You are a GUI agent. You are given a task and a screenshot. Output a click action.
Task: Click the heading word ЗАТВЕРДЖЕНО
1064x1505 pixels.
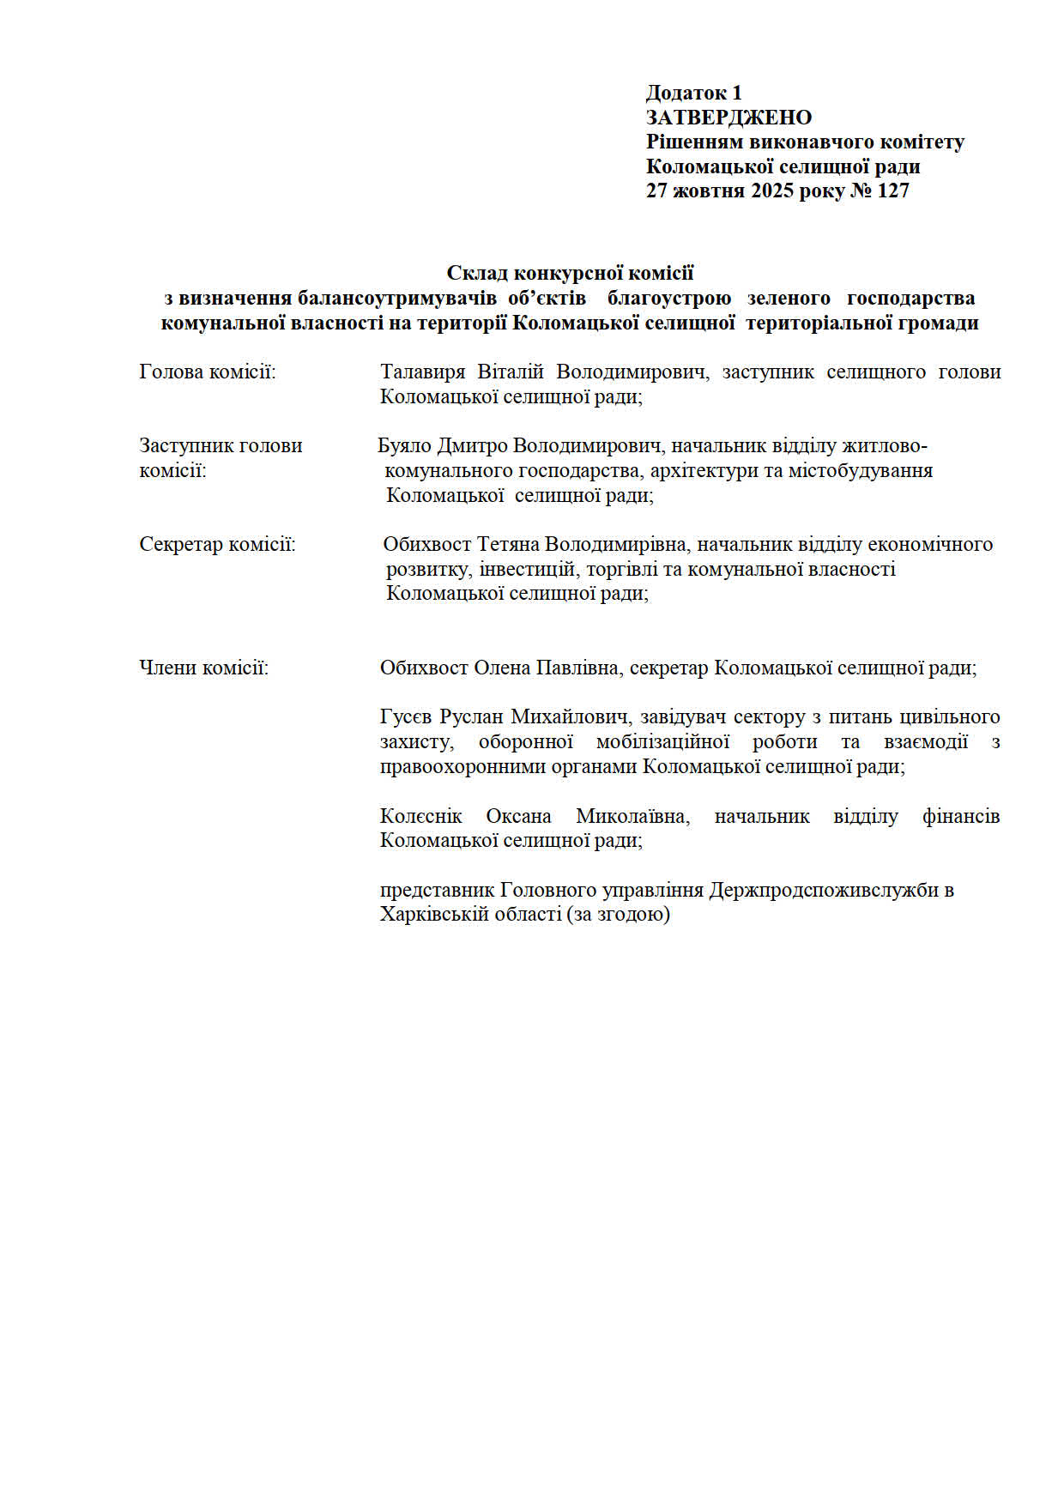(728, 117)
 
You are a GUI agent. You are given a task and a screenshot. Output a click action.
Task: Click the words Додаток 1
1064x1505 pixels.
(693, 93)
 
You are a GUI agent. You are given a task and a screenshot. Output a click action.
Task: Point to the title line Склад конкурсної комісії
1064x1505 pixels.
(570, 273)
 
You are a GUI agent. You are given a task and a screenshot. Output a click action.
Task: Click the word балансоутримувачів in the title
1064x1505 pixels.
(397, 298)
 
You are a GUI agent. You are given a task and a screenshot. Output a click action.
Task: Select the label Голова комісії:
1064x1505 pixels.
(208, 372)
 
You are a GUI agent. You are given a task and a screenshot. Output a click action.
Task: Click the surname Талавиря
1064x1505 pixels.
(422, 372)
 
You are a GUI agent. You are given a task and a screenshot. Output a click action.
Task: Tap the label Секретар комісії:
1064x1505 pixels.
(217, 544)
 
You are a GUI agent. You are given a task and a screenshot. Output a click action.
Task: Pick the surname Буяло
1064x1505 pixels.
(404, 445)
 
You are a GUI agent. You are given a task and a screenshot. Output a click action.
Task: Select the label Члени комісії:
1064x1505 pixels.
(203, 667)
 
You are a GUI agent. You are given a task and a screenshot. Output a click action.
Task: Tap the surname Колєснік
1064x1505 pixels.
(420, 815)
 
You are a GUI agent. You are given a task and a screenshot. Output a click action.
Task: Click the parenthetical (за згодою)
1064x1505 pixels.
(618, 914)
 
